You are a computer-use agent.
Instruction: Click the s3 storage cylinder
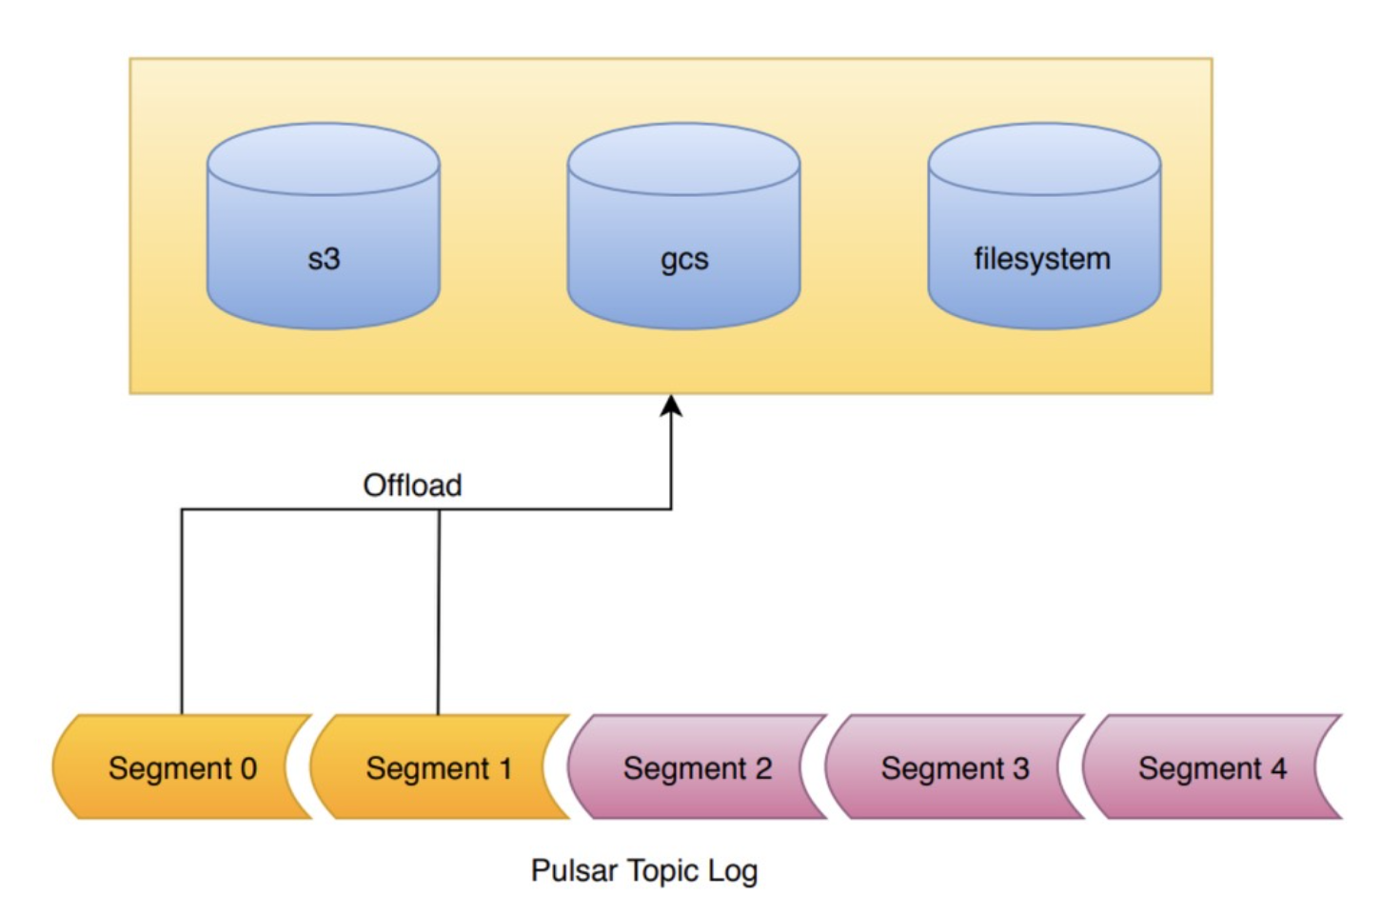[x=324, y=226]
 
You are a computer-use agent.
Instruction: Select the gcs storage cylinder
[x=683, y=226]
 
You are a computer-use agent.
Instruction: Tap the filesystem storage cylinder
[x=1044, y=226]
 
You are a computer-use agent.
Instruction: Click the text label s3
[x=324, y=259]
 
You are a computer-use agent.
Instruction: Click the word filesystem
[x=1042, y=259]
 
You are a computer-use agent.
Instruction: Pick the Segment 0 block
[x=182, y=767]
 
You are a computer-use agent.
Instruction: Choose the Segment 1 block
[x=440, y=767]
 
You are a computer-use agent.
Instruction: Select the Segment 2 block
[x=697, y=767]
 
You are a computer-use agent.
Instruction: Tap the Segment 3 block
[x=955, y=767]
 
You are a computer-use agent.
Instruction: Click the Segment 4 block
[x=1213, y=767]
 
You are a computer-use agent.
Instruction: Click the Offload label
[x=412, y=485]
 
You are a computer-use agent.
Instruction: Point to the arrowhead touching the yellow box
[x=671, y=406]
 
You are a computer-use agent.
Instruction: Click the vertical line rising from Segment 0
[x=182, y=611]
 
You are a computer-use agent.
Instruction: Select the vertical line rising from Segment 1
[x=439, y=611]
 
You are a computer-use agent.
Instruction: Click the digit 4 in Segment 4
[x=1278, y=768]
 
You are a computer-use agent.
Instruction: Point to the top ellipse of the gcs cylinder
[x=683, y=159]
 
